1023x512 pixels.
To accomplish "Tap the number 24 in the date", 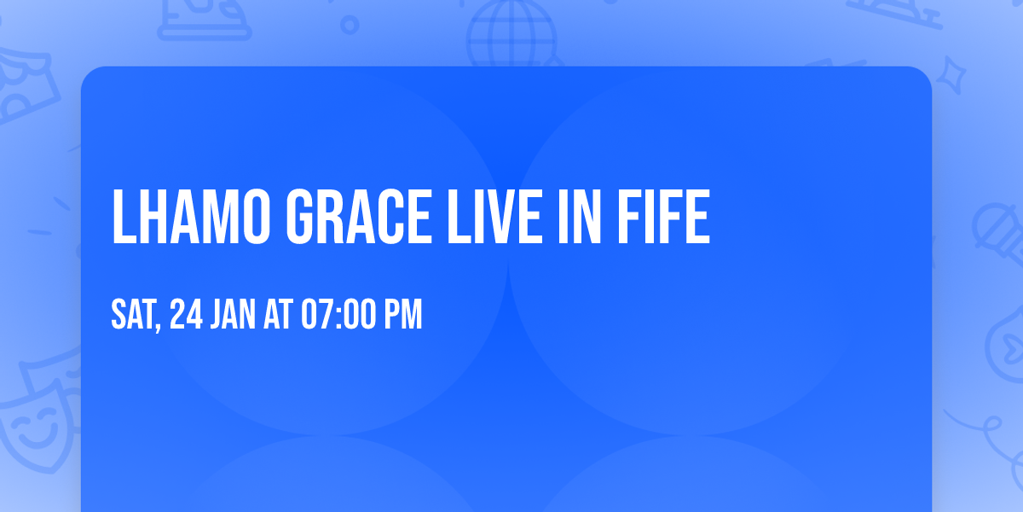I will click(x=186, y=316).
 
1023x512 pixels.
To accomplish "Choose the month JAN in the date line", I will click(x=233, y=316).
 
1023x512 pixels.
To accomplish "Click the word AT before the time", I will click(x=279, y=316).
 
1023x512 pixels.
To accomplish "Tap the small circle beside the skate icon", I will click(x=350, y=25).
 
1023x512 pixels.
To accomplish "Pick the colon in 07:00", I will click(x=340, y=316).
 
